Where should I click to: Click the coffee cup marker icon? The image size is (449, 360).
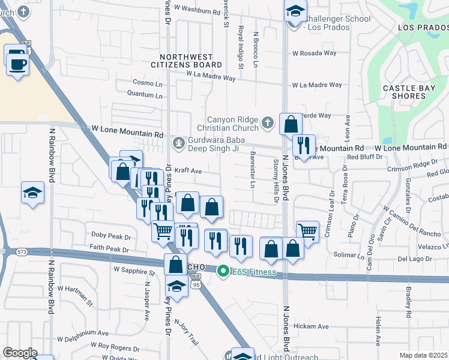click(x=17, y=60)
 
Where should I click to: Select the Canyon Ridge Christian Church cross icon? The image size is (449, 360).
click(x=268, y=124)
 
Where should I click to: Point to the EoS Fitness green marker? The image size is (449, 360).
click(x=223, y=272)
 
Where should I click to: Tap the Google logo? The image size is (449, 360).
click(x=20, y=352)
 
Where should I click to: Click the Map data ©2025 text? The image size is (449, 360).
click(x=423, y=355)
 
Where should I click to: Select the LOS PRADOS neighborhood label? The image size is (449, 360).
click(x=423, y=28)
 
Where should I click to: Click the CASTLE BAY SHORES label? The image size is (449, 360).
click(x=413, y=92)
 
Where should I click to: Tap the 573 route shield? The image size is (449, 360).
click(x=22, y=251)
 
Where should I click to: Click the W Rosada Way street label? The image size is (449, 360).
click(x=314, y=53)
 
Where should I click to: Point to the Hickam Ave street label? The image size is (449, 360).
click(x=315, y=326)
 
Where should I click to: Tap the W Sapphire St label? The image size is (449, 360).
click(x=134, y=270)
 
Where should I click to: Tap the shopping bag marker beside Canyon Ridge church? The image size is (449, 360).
click(x=291, y=125)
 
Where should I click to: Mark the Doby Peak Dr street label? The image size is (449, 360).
click(x=110, y=236)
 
